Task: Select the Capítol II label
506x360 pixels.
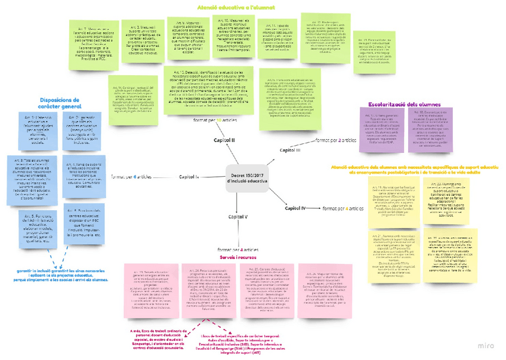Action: (224, 140)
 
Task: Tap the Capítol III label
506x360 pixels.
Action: (290, 150)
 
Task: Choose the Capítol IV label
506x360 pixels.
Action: (295, 208)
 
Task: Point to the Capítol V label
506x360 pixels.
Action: (238, 217)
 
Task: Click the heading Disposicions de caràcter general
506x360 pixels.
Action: (59, 104)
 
